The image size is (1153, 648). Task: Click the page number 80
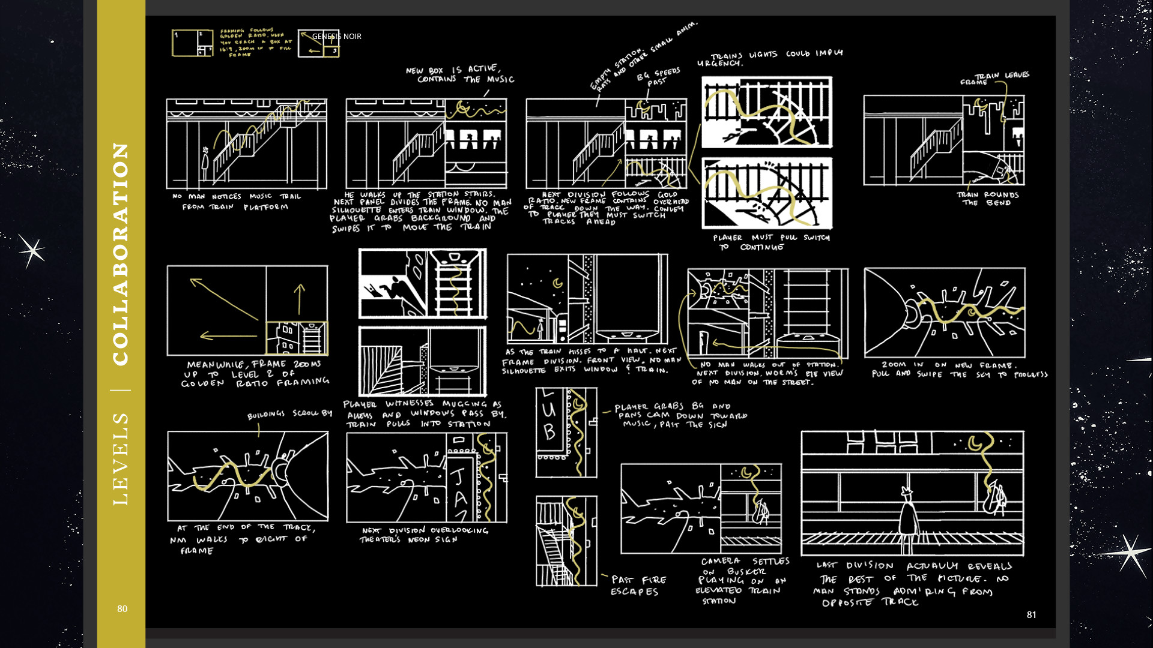pyautogui.click(x=122, y=608)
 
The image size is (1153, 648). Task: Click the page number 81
pyautogui.click(x=1031, y=614)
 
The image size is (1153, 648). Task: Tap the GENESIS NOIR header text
pyautogui.click(x=336, y=36)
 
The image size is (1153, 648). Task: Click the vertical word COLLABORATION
pyautogui.click(x=121, y=253)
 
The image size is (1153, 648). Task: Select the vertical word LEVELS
pyautogui.click(x=121, y=458)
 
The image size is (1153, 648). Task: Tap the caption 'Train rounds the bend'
pyautogui.click(x=987, y=199)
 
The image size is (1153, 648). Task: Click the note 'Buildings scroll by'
pyautogui.click(x=289, y=414)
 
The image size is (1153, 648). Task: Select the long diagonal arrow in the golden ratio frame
pyautogui.click(x=223, y=299)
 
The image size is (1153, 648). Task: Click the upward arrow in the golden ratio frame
pyautogui.click(x=300, y=299)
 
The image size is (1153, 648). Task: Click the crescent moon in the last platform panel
pyautogui.click(x=975, y=444)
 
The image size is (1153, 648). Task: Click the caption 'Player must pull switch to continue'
pyautogui.click(x=771, y=242)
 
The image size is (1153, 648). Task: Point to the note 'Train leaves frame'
pyautogui.click(x=994, y=78)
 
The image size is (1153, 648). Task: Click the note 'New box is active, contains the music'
pyautogui.click(x=460, y=74)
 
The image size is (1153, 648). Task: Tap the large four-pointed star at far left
pyautogui.click(x=31, y=250)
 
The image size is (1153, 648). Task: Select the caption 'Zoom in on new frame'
pyautogui.click(x=959, y=369)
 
